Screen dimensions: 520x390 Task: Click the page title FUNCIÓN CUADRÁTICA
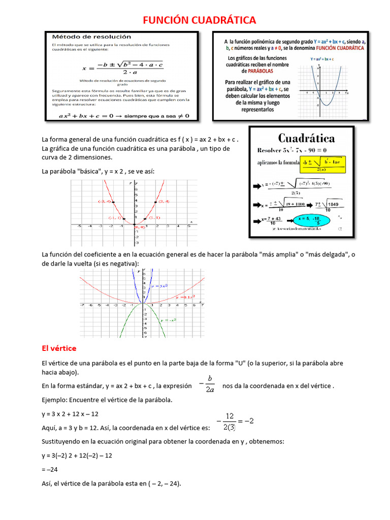click(x=200, y=20)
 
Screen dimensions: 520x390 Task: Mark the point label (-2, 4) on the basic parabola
click(x=104, y=202)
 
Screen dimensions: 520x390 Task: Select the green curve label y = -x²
click(x=168, y=320)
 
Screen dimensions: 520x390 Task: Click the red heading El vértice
click(x=59, y=348)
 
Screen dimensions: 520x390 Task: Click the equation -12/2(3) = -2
click(x=235, y=421)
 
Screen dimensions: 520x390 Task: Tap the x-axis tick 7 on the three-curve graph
click(x=203, y=306)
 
